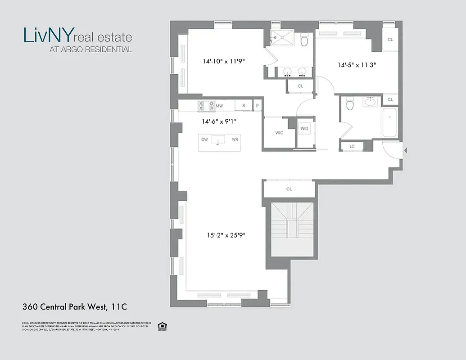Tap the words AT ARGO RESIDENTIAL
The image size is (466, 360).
click(90, 49)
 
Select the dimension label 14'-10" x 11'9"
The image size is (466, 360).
click(224, 61)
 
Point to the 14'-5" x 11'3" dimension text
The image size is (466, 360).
click(357, 65)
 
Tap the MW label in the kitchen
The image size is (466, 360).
click(219, 106)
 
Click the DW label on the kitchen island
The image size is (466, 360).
click(204, 139)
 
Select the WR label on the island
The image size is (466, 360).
click(235, 139)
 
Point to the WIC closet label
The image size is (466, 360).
click(279, 133)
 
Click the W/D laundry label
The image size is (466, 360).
click(304, 129)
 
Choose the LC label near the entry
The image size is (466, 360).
click(352, 146)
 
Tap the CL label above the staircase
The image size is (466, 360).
click(289, 189)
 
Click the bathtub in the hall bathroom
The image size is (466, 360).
click(389, 122)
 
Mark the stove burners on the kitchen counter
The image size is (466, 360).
click(206, 106)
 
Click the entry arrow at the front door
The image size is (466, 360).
click(405, 150)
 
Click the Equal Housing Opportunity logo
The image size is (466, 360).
click(162, 326)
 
